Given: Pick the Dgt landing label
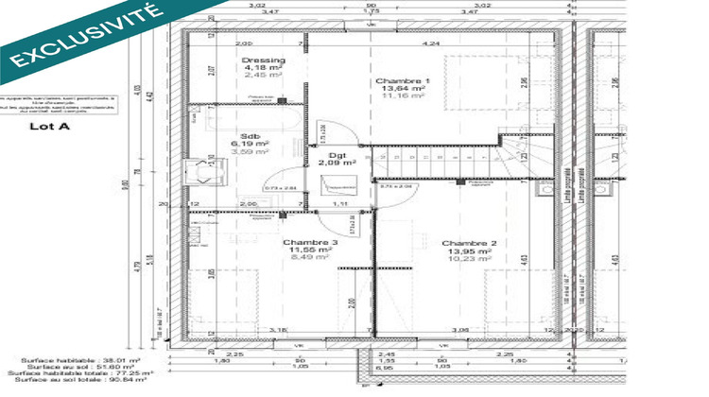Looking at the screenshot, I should [336, 154].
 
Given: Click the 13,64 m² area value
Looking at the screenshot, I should [402, 88].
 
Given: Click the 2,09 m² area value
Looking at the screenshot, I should [337, 162].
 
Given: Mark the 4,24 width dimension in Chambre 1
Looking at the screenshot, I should [431, 43].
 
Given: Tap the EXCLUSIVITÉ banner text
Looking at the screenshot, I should [80, 36].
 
